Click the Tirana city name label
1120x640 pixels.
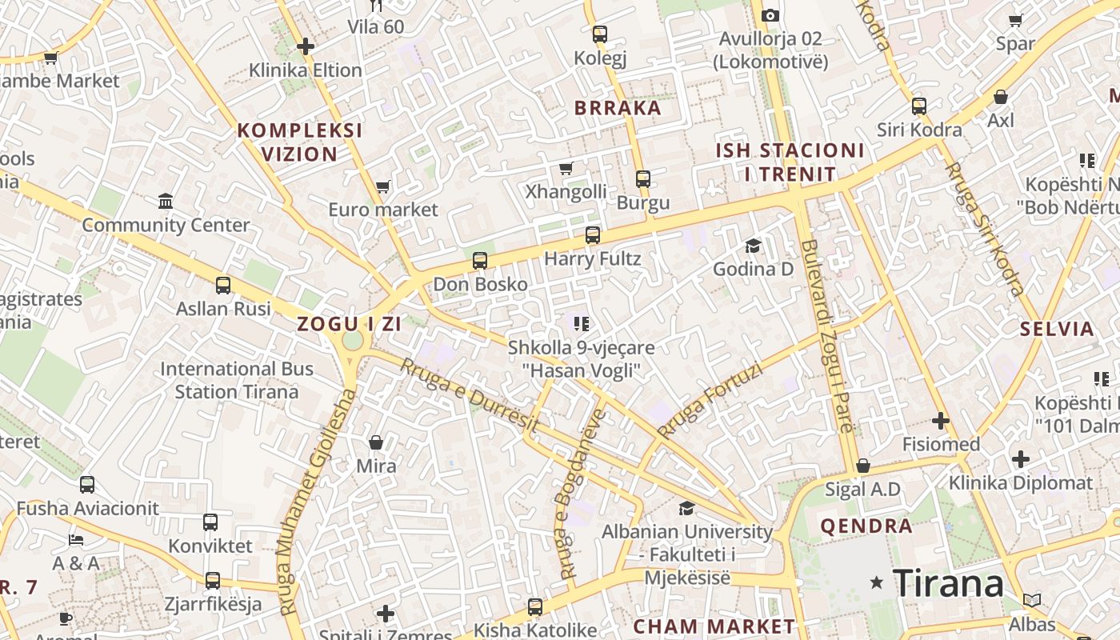point(948,583)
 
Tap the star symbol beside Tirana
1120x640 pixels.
point(878,583)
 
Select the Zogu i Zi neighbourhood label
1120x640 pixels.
point(349,324)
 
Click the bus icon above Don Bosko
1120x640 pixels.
point(480,260)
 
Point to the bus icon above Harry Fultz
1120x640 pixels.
point(593,234)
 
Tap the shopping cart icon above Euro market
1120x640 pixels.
point(383,186)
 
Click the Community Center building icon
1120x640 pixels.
point(166,201)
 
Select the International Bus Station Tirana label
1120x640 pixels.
point(237,380)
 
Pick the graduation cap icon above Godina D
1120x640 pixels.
point(753,246)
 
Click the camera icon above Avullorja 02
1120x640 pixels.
point(770,15)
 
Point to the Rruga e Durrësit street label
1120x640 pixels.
point(470,395)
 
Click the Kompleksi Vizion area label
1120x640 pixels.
point(300,142)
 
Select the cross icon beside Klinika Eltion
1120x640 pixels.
point(305,46)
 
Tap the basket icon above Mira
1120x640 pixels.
point(376,442)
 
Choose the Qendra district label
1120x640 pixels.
point(866,526)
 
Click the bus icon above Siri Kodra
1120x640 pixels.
point(919,106)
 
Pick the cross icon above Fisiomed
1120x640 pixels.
point(941,420)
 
